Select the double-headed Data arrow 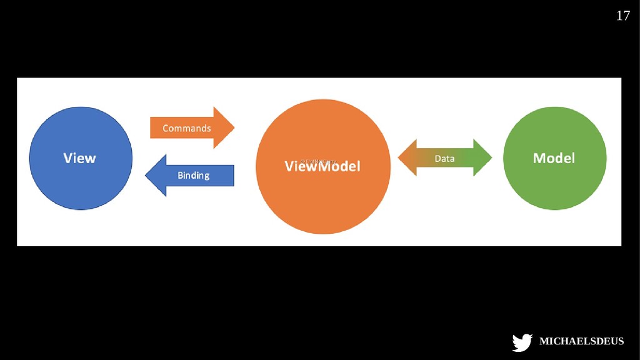(x=445, y=158)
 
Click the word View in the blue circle (x=80, y=158)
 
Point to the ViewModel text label (x=322, y=167)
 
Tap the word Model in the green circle (x=554, y=158)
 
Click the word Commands (x=187, y=128)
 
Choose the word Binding (x=194, y=176)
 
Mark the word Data (x=445, y=159)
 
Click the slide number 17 (x=623, y=16)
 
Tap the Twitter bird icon (x=522, y=342)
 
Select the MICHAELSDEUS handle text (x=581, y=342)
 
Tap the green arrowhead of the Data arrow (x=484, y=158)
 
